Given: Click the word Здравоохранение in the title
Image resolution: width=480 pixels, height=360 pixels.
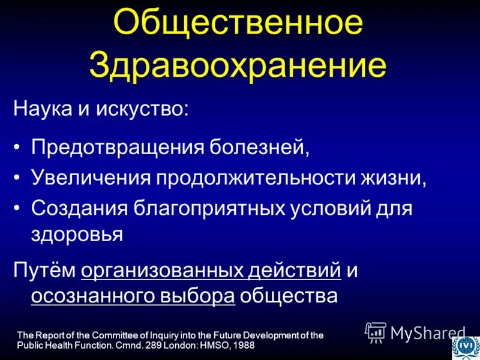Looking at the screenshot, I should coord(238,65).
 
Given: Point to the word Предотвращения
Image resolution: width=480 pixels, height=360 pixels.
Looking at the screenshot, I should coord(117,146).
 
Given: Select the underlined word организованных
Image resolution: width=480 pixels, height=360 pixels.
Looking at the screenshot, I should coord(162,270).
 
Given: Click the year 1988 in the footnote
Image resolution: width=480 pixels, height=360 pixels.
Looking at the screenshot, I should coord(243,346).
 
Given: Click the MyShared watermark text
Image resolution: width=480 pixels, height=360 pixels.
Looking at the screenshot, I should coord(427,332).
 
